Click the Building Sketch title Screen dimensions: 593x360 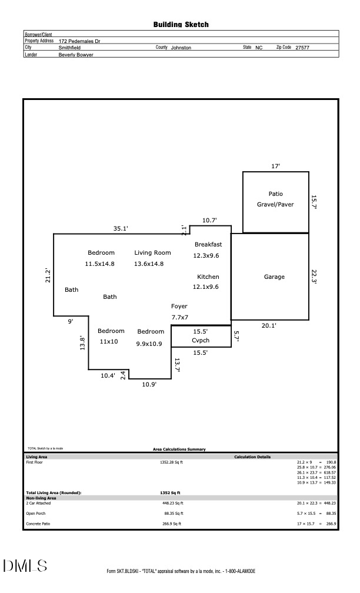(181, 25)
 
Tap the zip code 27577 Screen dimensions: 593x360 (302, 48)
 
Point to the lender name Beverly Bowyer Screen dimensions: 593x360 (76, 54)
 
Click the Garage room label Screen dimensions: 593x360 (274, 276)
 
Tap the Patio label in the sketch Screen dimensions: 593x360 (275, 194)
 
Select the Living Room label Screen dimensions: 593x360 (152, 252)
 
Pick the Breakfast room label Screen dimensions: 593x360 (208, 244)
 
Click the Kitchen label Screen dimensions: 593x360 (208, 276)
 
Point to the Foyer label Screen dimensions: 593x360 (179, 306)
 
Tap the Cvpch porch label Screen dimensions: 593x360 (201, 341)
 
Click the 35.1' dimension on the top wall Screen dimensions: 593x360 (121, 228)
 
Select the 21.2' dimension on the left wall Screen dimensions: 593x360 (48, 275)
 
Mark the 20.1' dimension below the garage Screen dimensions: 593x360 (269, 325)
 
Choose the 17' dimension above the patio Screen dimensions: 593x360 (275, 166)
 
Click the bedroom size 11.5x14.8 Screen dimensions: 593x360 (100, 264)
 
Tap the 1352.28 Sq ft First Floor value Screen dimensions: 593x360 (171, 462)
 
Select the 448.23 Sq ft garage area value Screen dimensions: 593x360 (172, 503)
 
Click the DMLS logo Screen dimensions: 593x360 (25, 566)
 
